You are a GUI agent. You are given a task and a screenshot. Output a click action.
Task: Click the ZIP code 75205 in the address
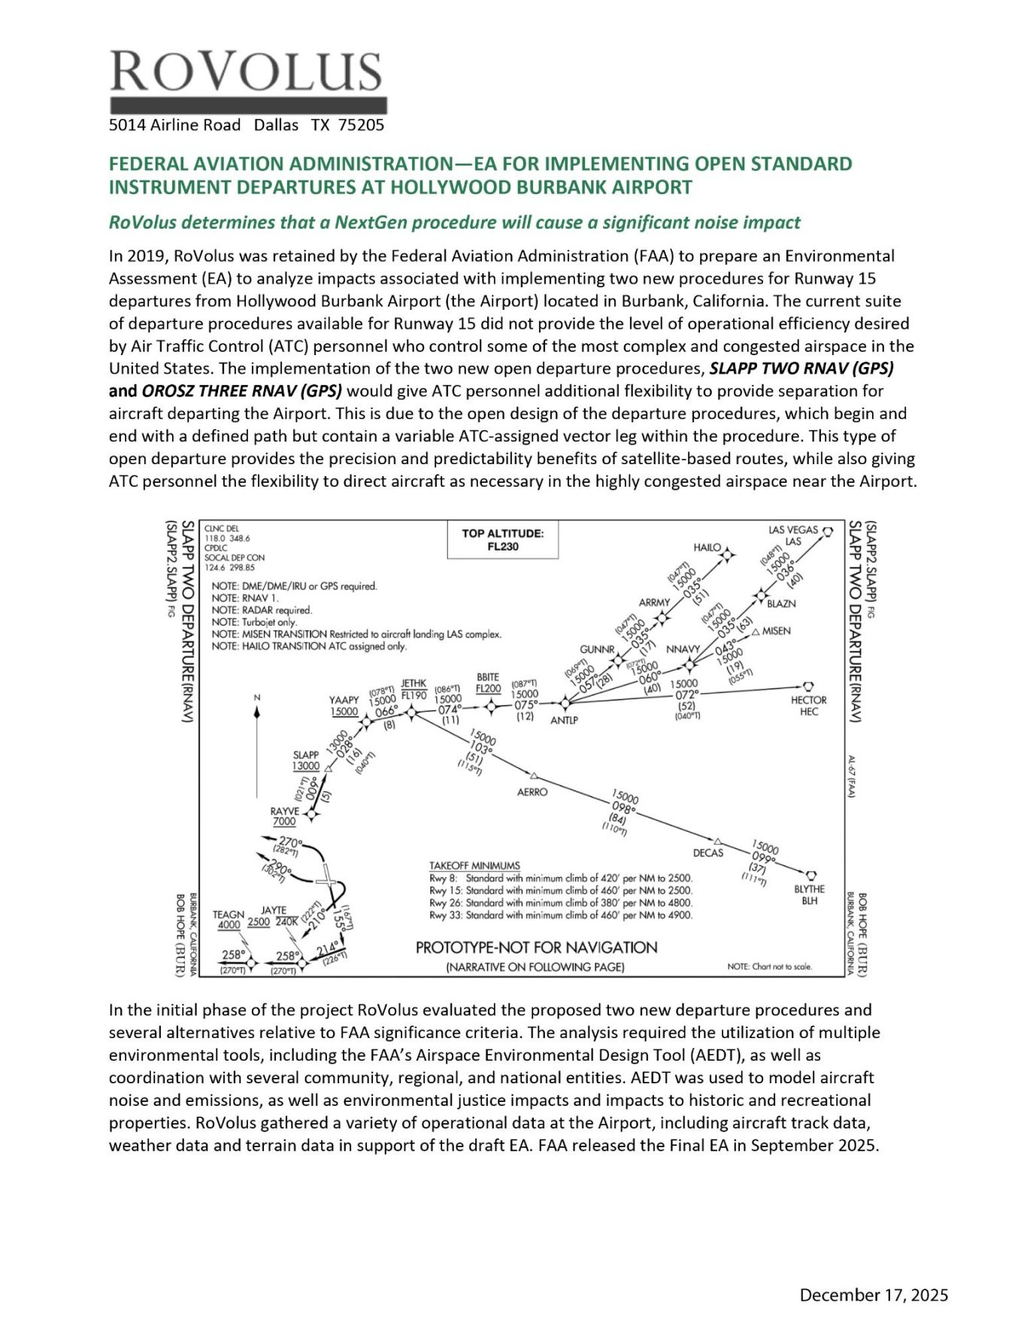[x=361, y=126]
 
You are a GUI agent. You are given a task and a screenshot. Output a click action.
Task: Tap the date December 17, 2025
[x=874, y=1295]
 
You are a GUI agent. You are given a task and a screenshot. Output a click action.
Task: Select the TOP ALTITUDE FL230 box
[x=502, y=540]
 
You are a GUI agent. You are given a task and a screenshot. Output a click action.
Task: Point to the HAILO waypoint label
[x=707, y=548]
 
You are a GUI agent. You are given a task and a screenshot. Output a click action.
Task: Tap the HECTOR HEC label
[x=808, y=705]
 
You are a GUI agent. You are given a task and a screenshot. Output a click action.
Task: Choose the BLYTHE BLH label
[x=809, y=894]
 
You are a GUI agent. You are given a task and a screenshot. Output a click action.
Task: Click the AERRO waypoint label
[x=532, y=792]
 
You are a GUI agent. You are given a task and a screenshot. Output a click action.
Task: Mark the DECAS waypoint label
[x=707, y=853]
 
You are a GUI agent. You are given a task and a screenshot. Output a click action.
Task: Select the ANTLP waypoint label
[x=564, y=720]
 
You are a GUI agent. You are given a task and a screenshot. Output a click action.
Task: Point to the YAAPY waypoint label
[x=344, y=700]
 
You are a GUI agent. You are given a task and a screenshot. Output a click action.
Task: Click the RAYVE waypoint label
[x=285, y=812]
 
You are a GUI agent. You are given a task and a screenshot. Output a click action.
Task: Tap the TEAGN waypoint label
[x=229, y=915]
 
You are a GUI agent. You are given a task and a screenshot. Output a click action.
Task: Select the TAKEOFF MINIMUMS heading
[x=474, y=866]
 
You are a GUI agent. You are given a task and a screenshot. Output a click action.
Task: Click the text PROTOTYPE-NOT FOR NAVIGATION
[x=536, y=948]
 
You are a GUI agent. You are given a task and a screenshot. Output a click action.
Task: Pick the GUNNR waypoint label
[x=597, y=649]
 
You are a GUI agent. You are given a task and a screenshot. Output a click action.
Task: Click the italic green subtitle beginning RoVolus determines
[x=454, y=223]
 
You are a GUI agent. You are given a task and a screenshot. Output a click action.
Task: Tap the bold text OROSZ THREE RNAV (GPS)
[x=241, y=391]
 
